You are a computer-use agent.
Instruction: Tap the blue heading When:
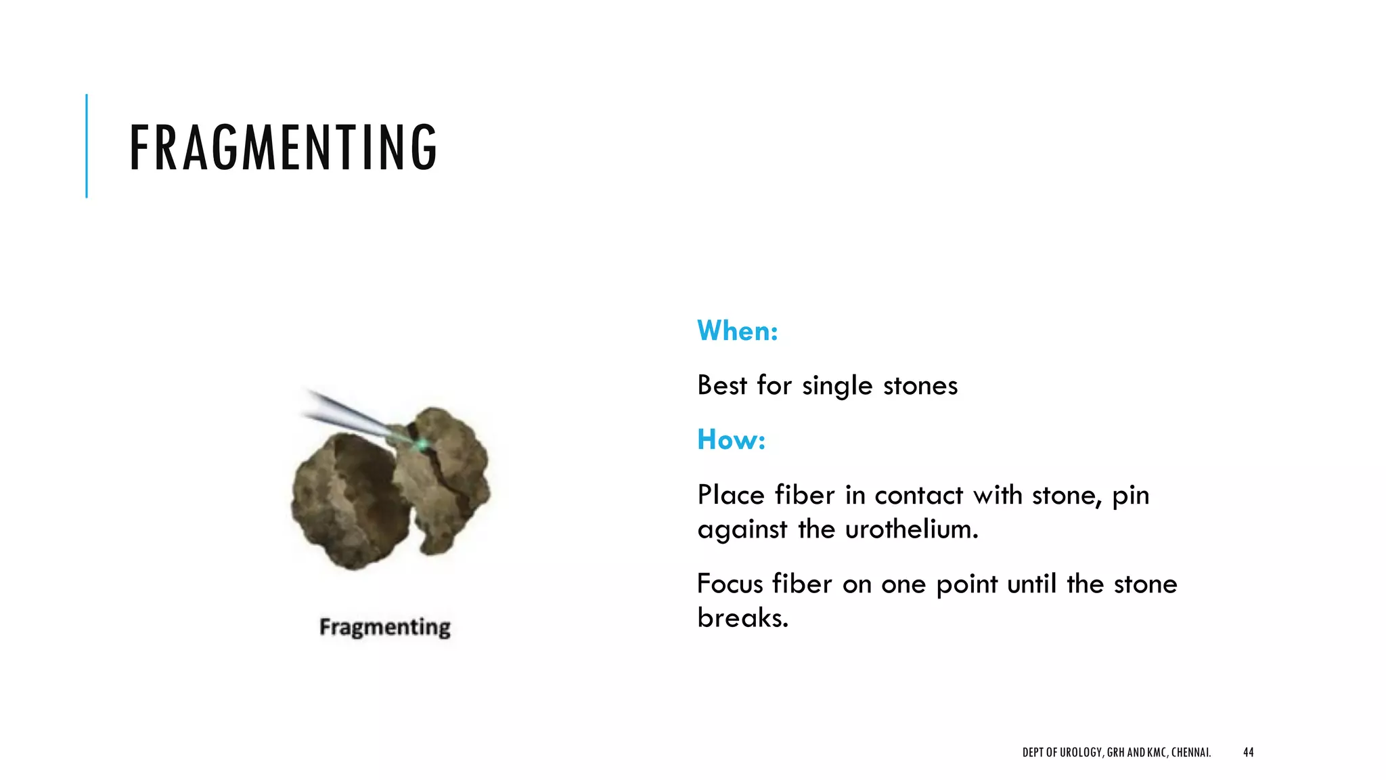[x=738, y=331]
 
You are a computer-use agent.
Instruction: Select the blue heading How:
[x=731, y=439]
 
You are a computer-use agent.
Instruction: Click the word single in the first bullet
[x=837, y=386]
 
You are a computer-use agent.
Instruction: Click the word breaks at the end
[x=742, y=617]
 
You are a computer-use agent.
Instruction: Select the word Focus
[x=730, y=584]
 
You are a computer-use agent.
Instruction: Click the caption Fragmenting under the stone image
[x=384, y=627]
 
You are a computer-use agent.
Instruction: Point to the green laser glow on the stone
[x=422, y=445]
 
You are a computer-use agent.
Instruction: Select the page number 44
[x=1248, y=752]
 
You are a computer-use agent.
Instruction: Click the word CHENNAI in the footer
[x=1190, y=752]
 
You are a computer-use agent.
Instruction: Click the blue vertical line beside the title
[x=87, y=146]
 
